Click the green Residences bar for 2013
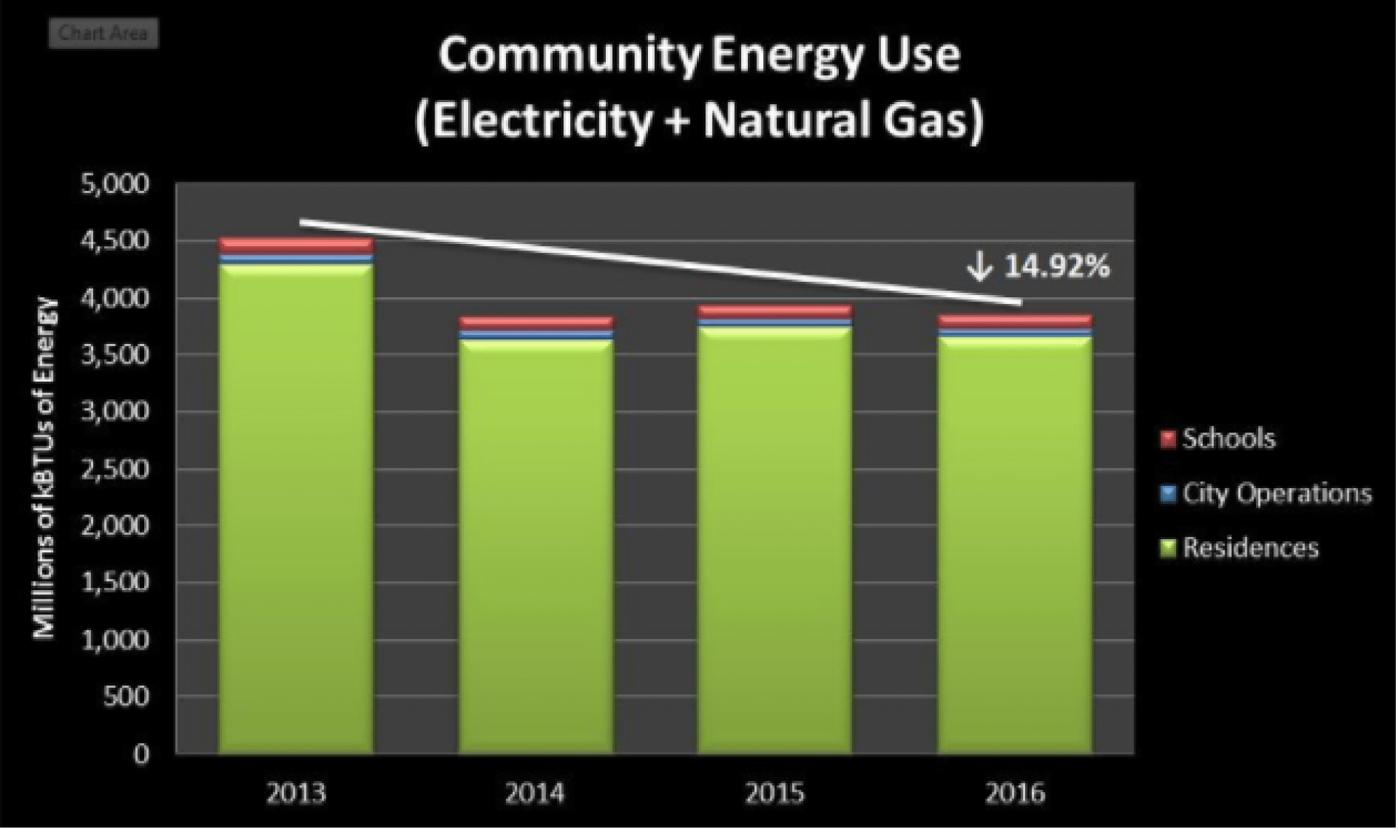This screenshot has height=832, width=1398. [296, 510]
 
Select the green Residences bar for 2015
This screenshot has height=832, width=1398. [775, 539]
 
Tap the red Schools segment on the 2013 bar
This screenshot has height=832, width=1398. [296, 244]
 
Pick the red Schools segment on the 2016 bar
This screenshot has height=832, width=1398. [1015, 321]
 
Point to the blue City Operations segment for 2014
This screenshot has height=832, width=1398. [536, 334]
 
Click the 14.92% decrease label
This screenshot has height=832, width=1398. [1057, 267]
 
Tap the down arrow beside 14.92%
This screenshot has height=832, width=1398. [980, 267]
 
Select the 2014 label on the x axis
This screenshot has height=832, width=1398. [535, 793]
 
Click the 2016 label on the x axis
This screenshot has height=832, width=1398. [1015, 793]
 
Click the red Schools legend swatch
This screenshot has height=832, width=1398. [1168, 439]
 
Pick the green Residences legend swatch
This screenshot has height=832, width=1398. [1168, 548]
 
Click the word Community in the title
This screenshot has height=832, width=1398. [569, 56]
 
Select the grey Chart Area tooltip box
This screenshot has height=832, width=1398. [103, 34]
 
